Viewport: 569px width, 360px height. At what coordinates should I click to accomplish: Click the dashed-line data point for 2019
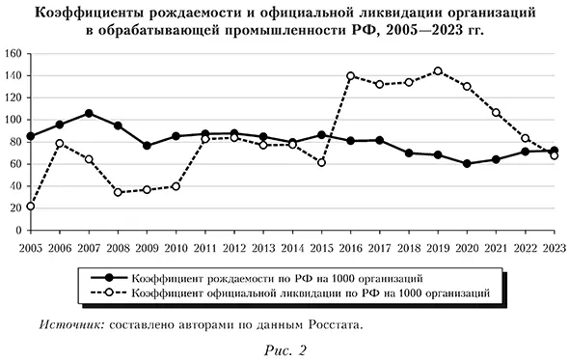[x=438, y=70]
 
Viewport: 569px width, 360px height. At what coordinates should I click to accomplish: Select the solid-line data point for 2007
[x=89, y=113]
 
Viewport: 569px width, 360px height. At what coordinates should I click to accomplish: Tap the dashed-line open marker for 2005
[x=30, y=206]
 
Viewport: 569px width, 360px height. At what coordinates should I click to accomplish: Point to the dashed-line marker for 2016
[x=350, y=75]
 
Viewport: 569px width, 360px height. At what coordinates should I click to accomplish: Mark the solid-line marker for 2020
[x=467, y=163]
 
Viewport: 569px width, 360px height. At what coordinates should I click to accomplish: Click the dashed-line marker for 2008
[x=118, y=192]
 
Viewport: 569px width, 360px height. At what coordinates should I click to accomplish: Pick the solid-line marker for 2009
[x=147, y=146]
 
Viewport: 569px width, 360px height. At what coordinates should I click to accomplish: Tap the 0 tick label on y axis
[x=18, y=232]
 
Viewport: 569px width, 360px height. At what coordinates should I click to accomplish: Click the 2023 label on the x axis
[x=555, y=246]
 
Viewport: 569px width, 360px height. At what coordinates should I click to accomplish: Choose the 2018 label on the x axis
[x=409, y=246]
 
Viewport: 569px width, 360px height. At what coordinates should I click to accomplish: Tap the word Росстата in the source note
[x=334, y=324]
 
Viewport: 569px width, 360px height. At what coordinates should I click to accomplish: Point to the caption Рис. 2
[x=284, y=348]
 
